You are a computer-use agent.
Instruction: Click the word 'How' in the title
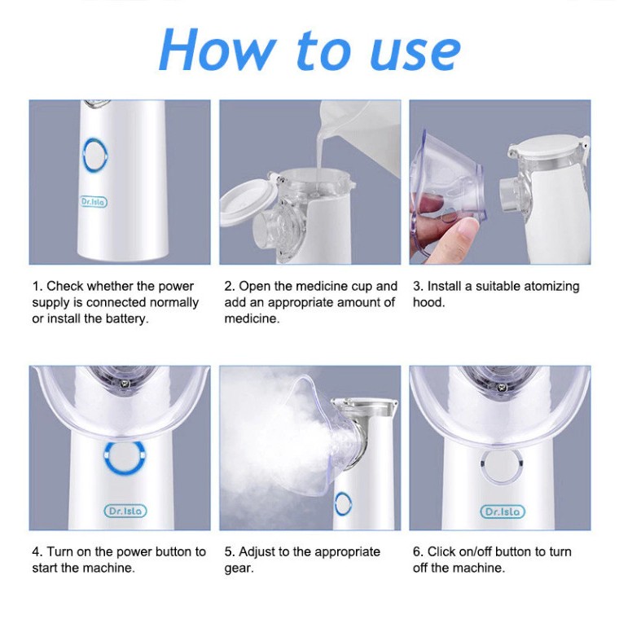[217, 50]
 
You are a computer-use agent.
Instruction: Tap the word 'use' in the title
[415, 55]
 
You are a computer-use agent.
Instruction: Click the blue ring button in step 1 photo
[95, 156]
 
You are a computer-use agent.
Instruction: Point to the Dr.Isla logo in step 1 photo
[94, 202]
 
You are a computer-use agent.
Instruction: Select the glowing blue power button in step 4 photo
[124, 458]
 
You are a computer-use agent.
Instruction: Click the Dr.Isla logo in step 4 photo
[125, 511]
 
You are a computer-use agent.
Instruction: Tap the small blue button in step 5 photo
[343, 503]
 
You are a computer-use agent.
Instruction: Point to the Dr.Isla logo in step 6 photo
[503, 511]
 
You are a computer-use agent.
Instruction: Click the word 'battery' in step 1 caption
[126, 318]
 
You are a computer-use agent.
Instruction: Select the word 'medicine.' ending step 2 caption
[252, 318]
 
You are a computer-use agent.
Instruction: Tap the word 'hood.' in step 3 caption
[428, 302]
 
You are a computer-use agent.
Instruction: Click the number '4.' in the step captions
[37, 551]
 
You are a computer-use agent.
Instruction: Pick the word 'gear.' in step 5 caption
[239, 569]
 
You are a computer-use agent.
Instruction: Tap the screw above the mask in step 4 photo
[125, 382]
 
